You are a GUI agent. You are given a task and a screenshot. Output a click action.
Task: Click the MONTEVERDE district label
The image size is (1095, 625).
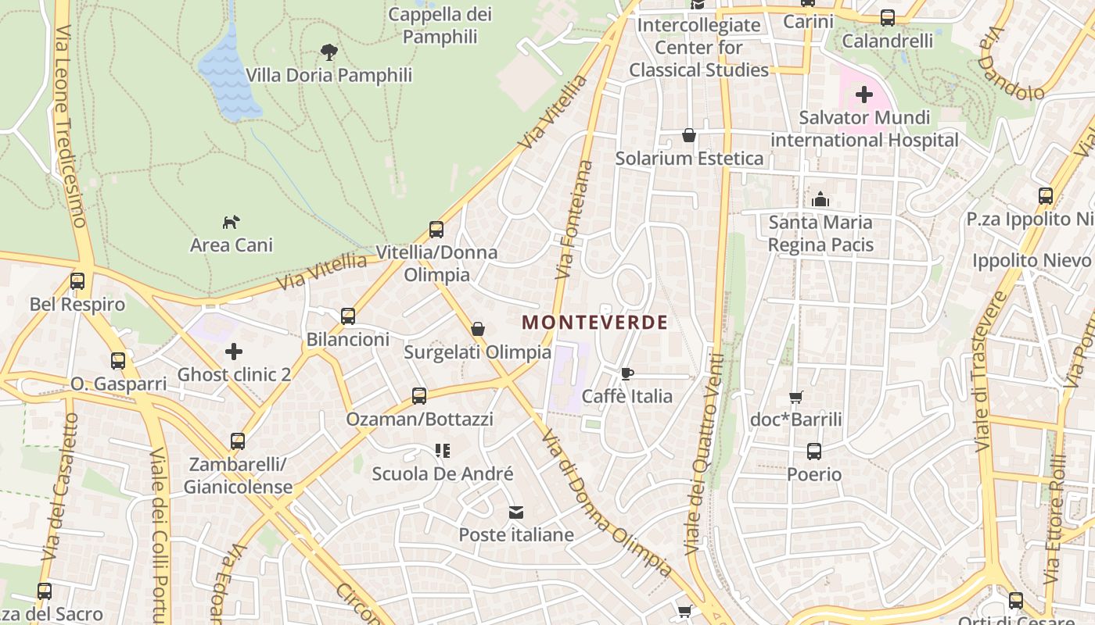click(594, 322)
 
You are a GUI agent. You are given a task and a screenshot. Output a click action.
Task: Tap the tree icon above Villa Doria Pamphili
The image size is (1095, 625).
click(329, 52)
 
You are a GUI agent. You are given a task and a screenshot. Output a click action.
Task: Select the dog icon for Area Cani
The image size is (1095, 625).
click(231, 223)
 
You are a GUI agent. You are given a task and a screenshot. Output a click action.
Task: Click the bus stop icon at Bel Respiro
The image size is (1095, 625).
click(77, 281)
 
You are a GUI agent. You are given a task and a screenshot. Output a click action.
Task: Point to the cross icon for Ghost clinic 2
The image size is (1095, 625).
click(233, 352)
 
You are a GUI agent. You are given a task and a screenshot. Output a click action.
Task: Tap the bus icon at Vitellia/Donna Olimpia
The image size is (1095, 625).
click(436, 230)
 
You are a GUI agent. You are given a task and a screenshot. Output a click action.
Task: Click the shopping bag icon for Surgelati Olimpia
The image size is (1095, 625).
click(478, 330)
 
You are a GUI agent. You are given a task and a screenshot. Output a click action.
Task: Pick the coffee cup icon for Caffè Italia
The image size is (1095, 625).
click(626, 373)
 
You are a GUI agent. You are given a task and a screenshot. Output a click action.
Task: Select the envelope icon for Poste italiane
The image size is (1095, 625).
click(516, 512)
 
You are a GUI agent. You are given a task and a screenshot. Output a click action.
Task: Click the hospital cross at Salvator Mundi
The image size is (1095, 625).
click(863, 95)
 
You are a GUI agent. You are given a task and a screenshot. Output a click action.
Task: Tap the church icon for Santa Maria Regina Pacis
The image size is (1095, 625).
click(820, 200)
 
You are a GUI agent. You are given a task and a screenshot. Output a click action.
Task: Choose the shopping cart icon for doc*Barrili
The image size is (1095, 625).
click(796, 397)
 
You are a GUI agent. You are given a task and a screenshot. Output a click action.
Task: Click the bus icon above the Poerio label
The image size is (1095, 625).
click(814, 452)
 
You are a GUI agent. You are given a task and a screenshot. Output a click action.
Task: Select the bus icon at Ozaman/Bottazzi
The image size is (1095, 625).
click(419, 396)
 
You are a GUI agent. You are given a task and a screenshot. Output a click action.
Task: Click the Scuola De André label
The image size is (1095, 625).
click(443, 473)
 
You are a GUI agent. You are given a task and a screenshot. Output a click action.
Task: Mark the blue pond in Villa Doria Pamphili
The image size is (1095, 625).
click(228, 74)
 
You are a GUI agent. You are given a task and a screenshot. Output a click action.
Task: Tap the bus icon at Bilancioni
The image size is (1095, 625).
click(348, 316)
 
